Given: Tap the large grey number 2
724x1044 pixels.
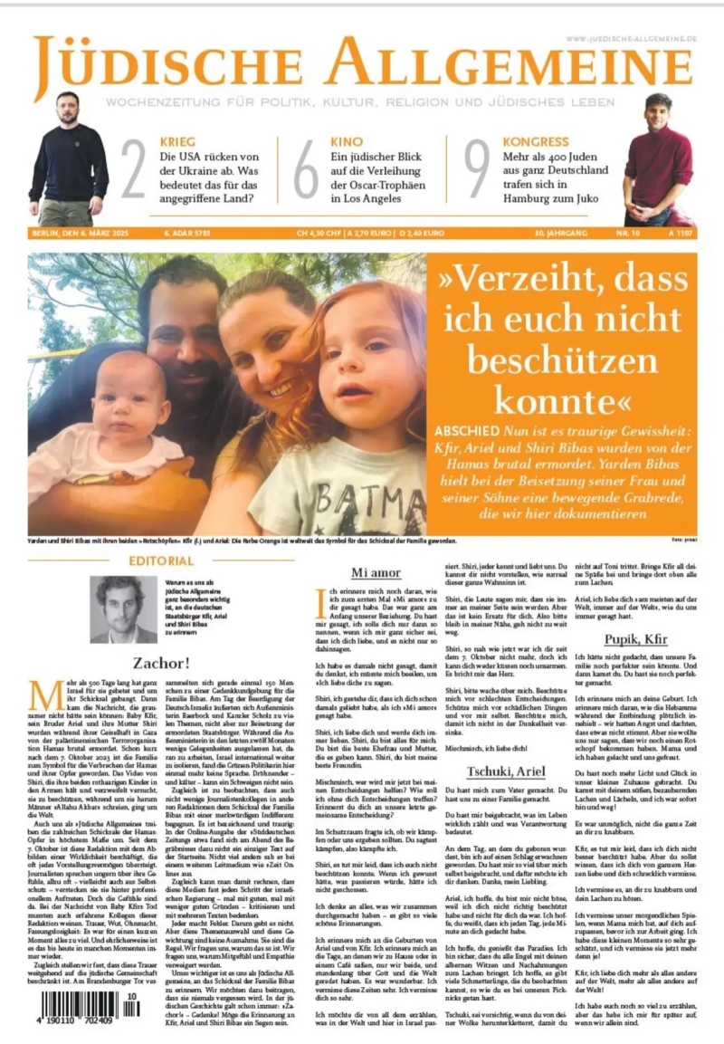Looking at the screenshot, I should coord(133,168).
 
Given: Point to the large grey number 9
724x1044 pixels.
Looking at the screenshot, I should coord(476,168).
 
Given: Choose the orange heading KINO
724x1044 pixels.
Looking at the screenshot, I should coord(347,142).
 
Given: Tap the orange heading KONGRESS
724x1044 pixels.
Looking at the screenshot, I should coord(538,142).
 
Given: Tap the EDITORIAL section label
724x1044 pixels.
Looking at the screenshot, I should coord(161,561).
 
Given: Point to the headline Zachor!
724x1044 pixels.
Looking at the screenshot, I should coord(160,662).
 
